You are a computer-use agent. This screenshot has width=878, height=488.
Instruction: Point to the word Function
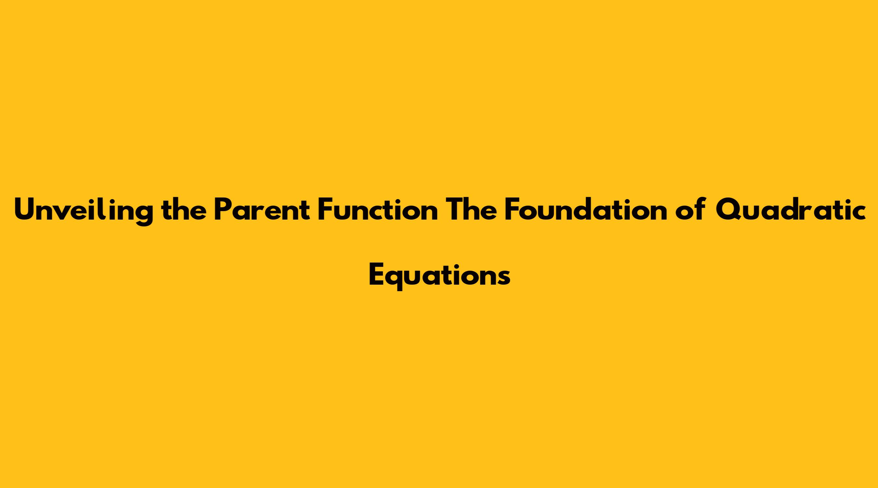click(x=378, y=210)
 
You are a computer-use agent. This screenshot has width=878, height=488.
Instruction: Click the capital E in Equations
click(x=377, y=274)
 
